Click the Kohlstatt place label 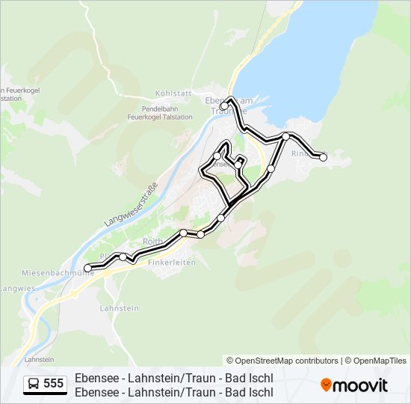click(170, 94)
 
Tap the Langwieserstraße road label click(132, 204)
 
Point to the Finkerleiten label click(172, 263)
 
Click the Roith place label click(152, 242)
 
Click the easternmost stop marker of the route click(323, 157)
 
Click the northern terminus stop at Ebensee click(224, 105)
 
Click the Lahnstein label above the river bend click(114, 307)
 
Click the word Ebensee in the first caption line click(99, 379)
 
